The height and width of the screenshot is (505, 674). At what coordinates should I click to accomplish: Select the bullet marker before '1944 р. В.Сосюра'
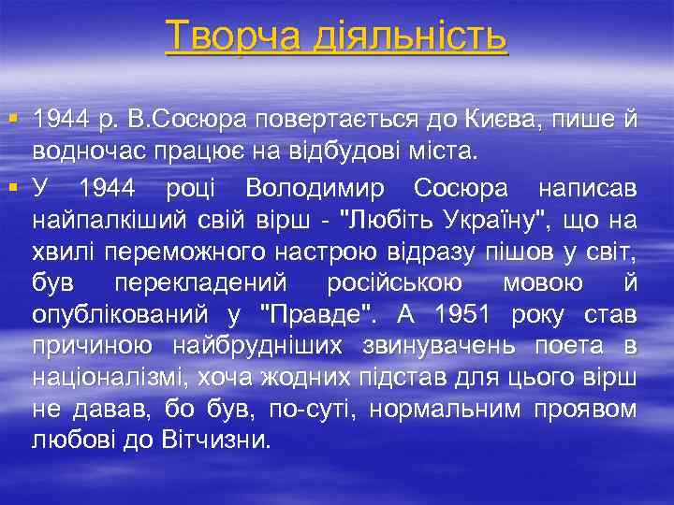(11, 120)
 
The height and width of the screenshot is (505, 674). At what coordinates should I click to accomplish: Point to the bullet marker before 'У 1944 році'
(11, 188)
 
